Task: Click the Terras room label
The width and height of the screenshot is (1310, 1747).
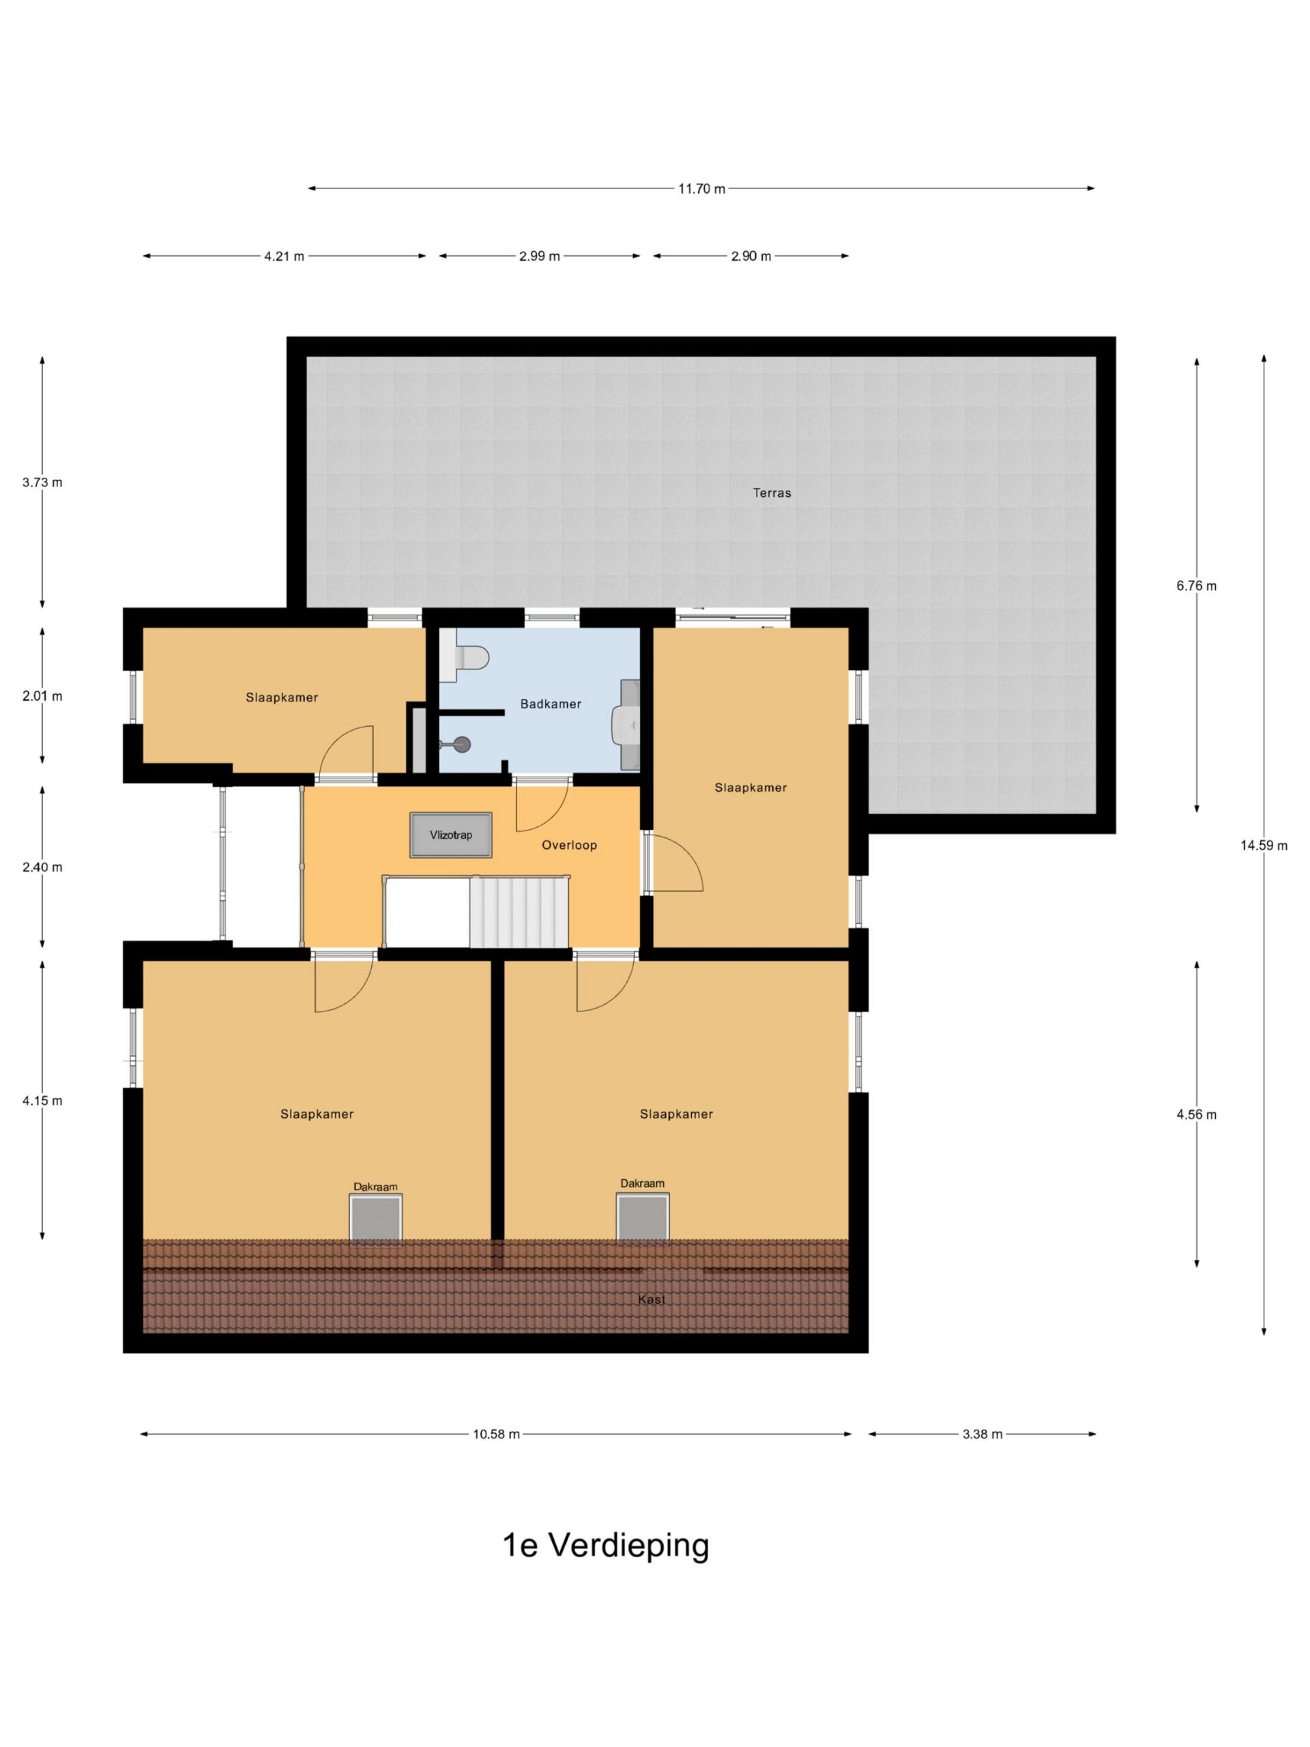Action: click(772, 493)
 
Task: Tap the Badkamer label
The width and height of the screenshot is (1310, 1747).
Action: click(551, 704)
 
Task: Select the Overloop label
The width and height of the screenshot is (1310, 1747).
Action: click(569, 845)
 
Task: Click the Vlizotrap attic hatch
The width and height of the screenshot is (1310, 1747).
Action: click(451, 835)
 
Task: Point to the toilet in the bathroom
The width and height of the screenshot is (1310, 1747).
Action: click(465, 656)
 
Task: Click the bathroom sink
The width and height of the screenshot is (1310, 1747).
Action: click(628, 724)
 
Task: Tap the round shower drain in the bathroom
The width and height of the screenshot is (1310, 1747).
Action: click(462, 744)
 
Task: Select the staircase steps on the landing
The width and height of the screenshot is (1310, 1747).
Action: click(519, 912)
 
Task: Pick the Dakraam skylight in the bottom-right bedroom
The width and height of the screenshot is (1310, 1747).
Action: click(643, 1216)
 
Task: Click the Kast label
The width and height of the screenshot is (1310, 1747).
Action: click(652, 1299)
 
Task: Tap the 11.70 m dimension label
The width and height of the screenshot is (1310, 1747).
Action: click(701, 189)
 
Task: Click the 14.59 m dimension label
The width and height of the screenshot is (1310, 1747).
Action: click(1264, 845)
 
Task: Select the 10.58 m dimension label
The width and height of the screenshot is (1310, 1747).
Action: click(496, 1434)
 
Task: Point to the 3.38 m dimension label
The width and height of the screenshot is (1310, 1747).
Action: click(982, 1434)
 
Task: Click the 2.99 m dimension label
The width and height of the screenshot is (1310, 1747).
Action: click(539, 256)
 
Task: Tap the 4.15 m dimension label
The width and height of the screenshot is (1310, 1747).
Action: click(42, 1100)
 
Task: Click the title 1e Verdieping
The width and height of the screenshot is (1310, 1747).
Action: click(606, 1546)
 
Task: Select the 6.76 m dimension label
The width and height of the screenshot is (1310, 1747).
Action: click(1196, 586)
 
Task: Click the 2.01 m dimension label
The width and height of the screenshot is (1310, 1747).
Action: click(42, 696)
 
